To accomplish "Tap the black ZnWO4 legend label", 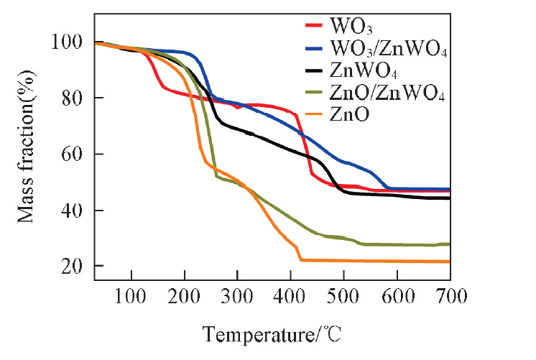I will pyautogui.click(x=364, y=72).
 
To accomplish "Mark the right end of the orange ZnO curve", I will pyautogui.click(x=449, y=262).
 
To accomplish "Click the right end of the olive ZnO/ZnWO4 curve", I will pyautogui.click(x=449, y=244).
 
